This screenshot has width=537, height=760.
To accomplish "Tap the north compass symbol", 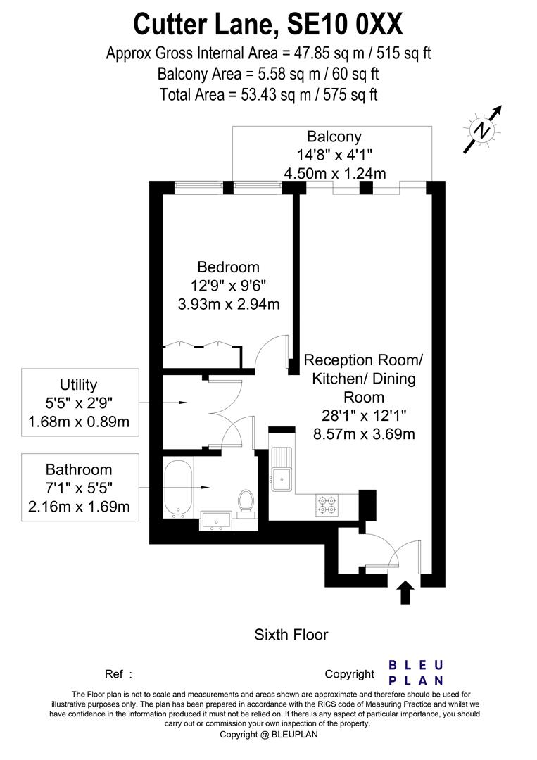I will pos(482,129).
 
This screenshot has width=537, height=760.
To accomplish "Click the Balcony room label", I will pos(334,137).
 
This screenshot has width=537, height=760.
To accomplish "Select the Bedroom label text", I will pos(228,267).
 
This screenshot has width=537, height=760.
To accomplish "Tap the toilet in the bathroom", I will pos(246,503).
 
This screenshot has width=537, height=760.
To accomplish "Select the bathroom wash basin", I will pos(217,520).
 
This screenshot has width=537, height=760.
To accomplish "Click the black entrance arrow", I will pos(405,593).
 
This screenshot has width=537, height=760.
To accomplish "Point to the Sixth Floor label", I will pos(291,635).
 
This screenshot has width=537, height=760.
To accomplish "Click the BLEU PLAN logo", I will pos(416,673).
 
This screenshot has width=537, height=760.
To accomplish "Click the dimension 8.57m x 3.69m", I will pos(363,433).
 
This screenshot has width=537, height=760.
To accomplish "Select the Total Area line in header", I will pos(268,94).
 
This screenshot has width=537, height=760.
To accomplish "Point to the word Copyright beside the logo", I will pos(349,674).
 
